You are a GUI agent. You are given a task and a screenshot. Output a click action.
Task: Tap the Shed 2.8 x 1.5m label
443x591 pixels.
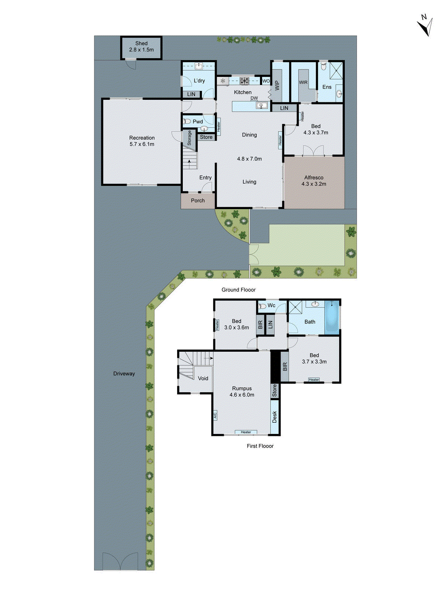[x=141, y=47]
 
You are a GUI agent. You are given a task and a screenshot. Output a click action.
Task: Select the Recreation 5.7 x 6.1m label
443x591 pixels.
[x=142, y=141]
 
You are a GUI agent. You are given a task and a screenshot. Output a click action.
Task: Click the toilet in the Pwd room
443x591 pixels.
[x=188, y=122]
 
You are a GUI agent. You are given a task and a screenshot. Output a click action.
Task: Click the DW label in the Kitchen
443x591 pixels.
[x=254, y=98]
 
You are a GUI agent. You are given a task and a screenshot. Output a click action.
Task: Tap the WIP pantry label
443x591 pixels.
[x=277, y=86]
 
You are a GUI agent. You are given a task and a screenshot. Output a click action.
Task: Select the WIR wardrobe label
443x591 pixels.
[x=303, y=82]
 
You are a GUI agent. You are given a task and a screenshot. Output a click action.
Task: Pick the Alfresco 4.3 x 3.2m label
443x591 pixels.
[x=314, y=181]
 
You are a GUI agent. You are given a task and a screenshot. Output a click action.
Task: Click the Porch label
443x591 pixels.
[x=198, y=201]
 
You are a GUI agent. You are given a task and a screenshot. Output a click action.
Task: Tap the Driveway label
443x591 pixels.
[x=124, y=373]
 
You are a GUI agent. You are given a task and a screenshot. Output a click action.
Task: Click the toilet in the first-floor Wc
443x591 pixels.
[x=262, y=306]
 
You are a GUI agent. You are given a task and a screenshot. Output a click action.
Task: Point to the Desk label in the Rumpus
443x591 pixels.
[x=275, y=417]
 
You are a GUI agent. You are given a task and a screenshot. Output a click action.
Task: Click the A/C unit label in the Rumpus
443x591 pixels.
[x=215, y=415]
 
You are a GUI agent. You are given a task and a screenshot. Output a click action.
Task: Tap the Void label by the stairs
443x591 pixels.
[x=203, y=378]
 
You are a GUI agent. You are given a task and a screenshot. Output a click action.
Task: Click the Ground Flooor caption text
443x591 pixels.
[x=238, y=290]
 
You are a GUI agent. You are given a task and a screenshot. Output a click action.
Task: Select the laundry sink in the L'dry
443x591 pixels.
[x=199, y=66]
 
